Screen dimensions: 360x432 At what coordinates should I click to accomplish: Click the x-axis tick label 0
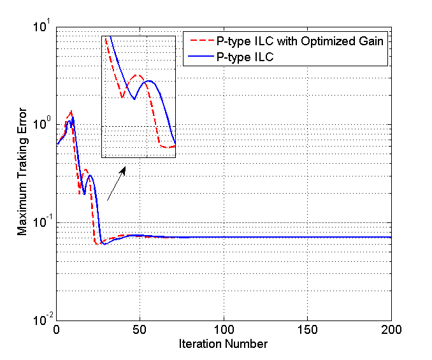tap(57, 331)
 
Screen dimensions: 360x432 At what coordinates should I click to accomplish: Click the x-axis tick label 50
tap(140, 331)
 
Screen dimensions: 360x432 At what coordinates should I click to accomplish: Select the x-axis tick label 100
tap(224, 331)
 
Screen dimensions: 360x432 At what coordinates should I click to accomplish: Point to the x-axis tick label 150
tap(307, 331)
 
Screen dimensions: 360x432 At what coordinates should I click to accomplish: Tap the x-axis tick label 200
tap(391, 331)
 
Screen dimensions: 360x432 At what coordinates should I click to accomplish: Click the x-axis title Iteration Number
tap(224, 344)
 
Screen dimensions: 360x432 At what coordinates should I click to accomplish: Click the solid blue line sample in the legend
tap(200, 57)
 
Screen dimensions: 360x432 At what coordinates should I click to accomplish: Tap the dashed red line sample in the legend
tap(200, 42)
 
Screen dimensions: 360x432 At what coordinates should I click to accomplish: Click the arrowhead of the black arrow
tap(124, 169)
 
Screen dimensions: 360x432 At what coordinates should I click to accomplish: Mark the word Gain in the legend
tap(372, 42)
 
